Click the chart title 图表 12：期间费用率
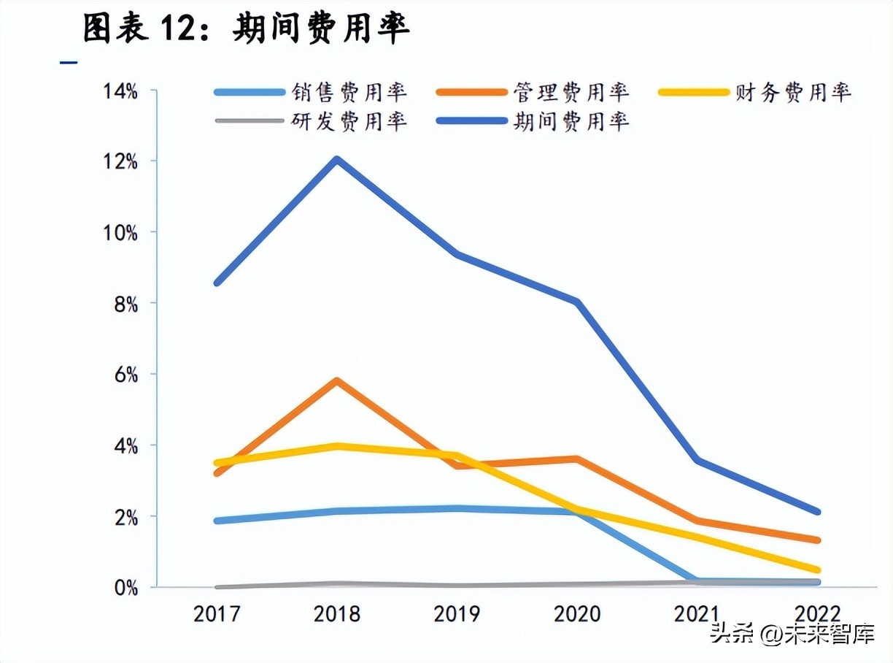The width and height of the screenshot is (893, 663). coord(246,29)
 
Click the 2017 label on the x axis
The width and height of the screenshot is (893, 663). coord(217,614)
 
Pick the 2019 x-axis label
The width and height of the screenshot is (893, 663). coord(457,614)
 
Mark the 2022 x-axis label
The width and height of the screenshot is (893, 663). coord(817,614)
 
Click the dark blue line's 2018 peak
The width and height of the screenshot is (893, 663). coord(336,159)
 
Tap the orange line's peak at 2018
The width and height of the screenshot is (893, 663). coord(336,381)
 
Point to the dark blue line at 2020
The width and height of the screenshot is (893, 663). coord(577,302)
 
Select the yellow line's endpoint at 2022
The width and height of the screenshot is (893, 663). coord(817,570)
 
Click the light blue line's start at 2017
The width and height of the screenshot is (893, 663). coord(217,521)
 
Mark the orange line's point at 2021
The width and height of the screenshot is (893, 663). coord(697,521)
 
